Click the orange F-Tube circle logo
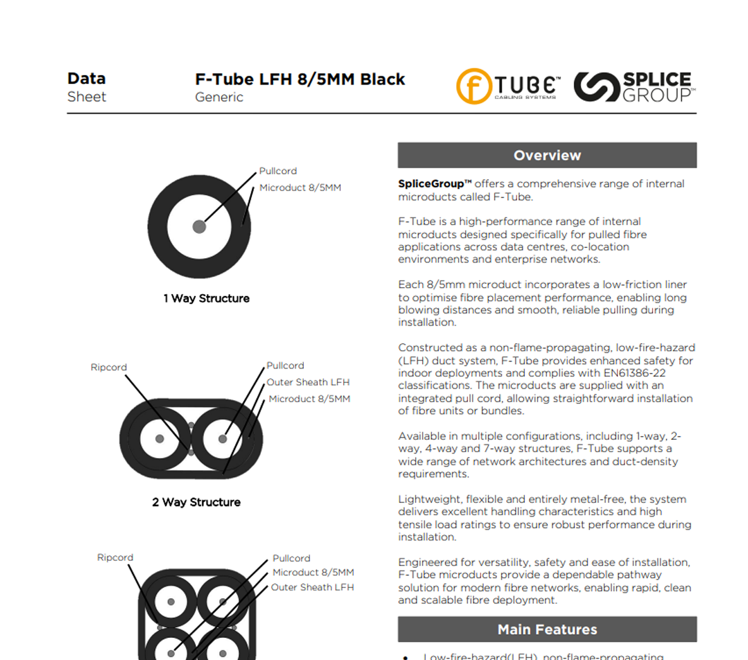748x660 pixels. point(474,86)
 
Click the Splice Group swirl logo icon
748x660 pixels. point(596,86)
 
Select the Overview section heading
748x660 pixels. point(547,155)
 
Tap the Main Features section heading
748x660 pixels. point(547,629)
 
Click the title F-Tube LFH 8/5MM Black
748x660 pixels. point(300,80)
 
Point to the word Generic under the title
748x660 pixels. point(219,97)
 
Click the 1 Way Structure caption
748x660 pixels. point(207,298)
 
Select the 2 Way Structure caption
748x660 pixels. point(196,502)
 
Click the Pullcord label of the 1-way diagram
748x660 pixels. point(278,171)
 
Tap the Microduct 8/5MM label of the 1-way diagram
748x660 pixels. point(300,188)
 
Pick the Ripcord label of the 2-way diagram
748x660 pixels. point(109,367)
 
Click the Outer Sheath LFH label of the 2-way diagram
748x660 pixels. point(308,382)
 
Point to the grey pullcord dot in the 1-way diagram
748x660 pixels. point(199,227)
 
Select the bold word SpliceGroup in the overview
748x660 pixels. point(435,184)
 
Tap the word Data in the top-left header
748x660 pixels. point(87,79)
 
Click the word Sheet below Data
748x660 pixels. point(87,97)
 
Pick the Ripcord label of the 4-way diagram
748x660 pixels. point(115,558)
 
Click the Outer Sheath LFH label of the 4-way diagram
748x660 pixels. point(312,587)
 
